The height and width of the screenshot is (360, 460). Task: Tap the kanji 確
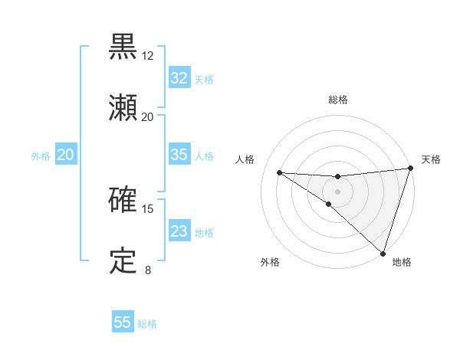123,200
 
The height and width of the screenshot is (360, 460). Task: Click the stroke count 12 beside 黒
148,56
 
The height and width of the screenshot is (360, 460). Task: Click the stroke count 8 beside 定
148,270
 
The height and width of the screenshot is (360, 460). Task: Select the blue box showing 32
179,78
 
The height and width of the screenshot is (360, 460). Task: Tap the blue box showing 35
179,155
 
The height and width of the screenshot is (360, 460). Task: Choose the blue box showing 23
179,231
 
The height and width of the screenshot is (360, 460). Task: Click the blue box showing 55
123,322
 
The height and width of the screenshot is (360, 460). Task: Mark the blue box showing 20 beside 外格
66,155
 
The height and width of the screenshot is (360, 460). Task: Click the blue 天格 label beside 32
204,79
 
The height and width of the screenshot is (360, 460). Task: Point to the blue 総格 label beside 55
147,324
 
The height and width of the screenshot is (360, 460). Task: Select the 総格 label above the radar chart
338,100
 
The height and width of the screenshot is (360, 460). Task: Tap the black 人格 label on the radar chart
245,159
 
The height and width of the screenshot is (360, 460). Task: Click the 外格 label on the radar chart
270,263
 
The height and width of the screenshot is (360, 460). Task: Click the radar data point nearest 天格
410,169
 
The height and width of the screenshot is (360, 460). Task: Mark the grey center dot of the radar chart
337,191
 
